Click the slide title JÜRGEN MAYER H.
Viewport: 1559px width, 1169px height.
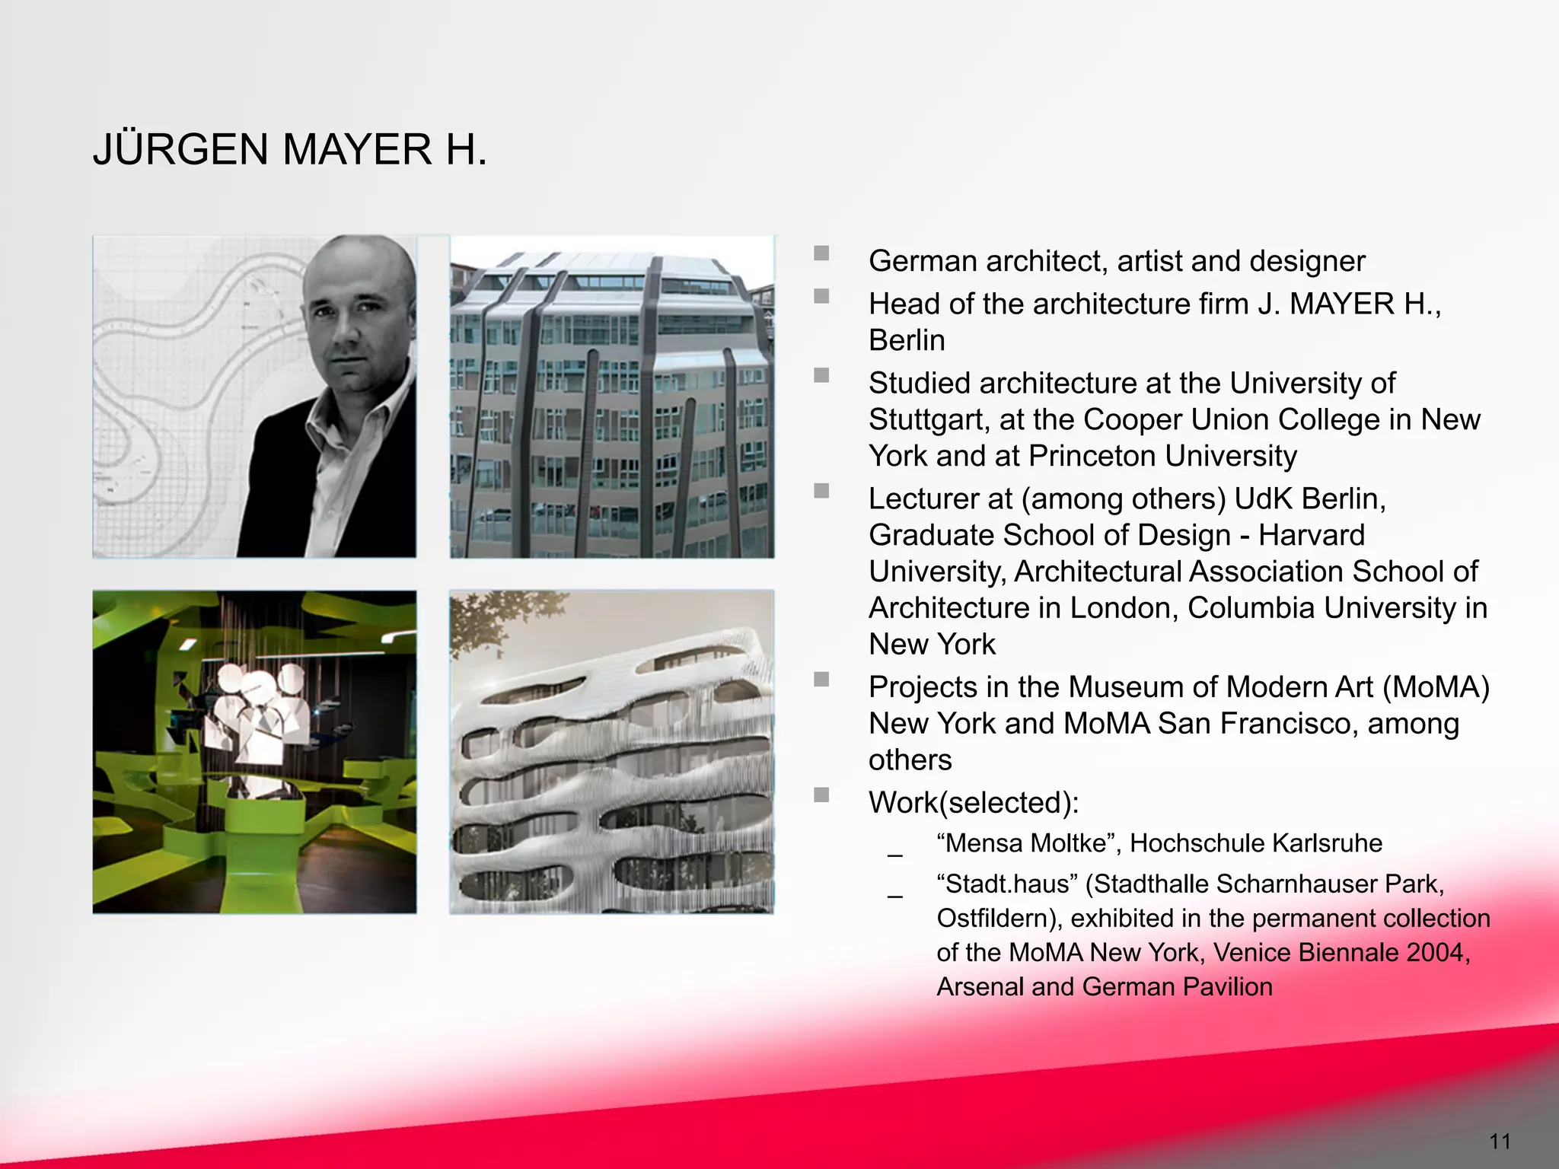(x=289, y=149)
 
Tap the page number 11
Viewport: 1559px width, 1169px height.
(x=1500, y=1141)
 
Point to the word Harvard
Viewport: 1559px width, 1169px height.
(x=1311, y=535)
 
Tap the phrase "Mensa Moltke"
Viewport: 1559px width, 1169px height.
(x=1027, y=843)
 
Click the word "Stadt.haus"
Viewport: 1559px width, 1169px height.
(x=1007, y=884)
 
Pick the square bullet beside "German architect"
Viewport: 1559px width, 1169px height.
(x=821, y=253)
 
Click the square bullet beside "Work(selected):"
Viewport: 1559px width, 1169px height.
(x=821, y=795)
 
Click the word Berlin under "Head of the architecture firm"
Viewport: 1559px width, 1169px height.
(x=907, y=340)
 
